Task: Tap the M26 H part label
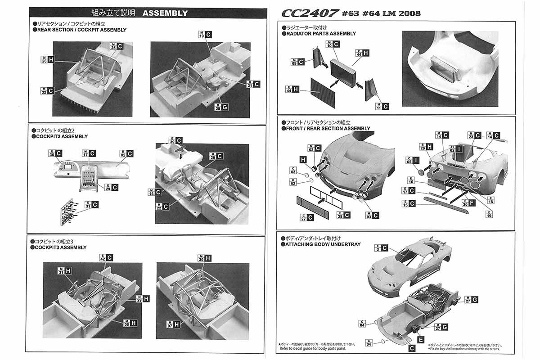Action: click(48, 60)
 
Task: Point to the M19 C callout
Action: click(205, 35)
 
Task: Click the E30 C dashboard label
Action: click(55, 153)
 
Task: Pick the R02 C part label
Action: click(127, 153)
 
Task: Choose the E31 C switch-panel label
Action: click(91, 205)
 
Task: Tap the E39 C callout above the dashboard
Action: click(175, 141)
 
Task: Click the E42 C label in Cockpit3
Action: click(106, 258)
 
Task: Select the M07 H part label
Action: click(173, 324)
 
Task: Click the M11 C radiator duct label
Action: click(382, 106)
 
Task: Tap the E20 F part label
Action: click(468, 203)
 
